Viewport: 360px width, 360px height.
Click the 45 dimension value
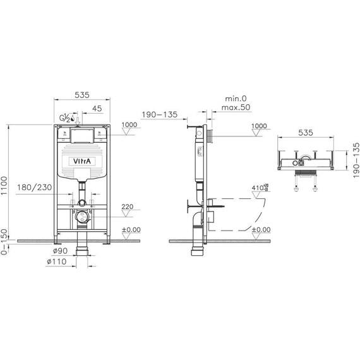[x=97, y=108]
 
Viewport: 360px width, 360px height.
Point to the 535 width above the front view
[x=82, y=95]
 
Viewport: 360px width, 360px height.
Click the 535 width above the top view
[x=305, y=133]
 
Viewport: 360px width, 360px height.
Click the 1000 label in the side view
[x=259, y=126]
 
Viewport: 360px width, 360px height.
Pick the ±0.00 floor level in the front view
[x=131, y=229]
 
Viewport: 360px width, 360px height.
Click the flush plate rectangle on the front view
[x=81, y=134]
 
